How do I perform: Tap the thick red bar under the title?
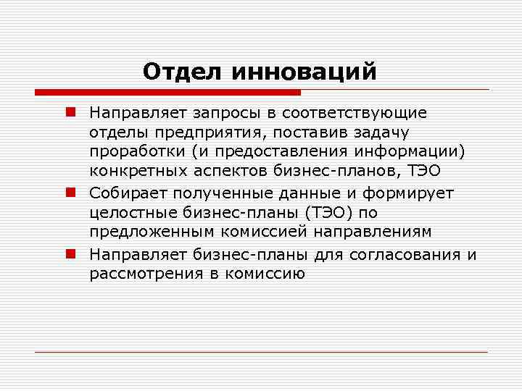click(x=167, y=93)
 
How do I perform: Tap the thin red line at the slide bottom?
click(x=261, y=353)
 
